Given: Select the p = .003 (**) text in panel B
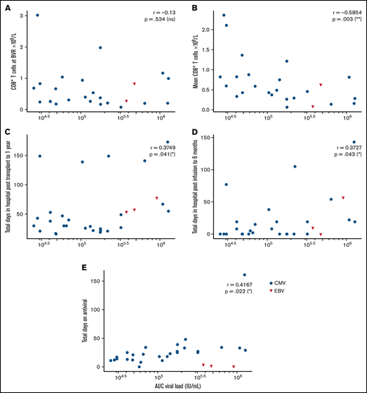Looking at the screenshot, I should pos(342,21).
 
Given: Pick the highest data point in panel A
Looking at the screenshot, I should pos(37,15).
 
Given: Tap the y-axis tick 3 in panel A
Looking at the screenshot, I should pos(21,15).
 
